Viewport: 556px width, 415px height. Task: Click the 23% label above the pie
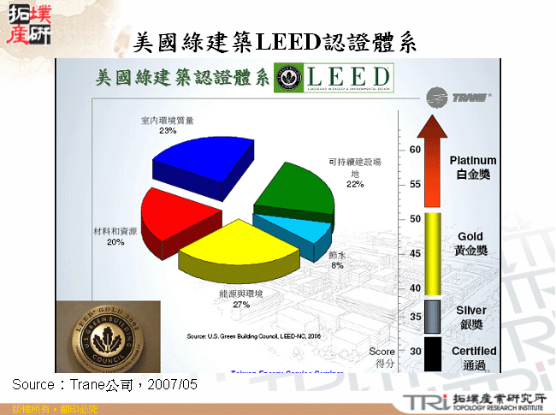168,131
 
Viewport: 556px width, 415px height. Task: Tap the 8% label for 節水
337,266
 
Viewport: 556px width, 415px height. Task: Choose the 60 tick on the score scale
415,149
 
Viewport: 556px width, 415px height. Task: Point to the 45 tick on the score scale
415,254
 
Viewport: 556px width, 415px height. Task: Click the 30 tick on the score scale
415,351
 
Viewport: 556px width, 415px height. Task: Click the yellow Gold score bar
433,253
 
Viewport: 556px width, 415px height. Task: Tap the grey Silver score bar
433,316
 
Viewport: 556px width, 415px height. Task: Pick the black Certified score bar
433,353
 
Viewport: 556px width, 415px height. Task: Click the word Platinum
472,160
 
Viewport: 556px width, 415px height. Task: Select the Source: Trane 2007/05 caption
104,385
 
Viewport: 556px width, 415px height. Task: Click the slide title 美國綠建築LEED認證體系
277,42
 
